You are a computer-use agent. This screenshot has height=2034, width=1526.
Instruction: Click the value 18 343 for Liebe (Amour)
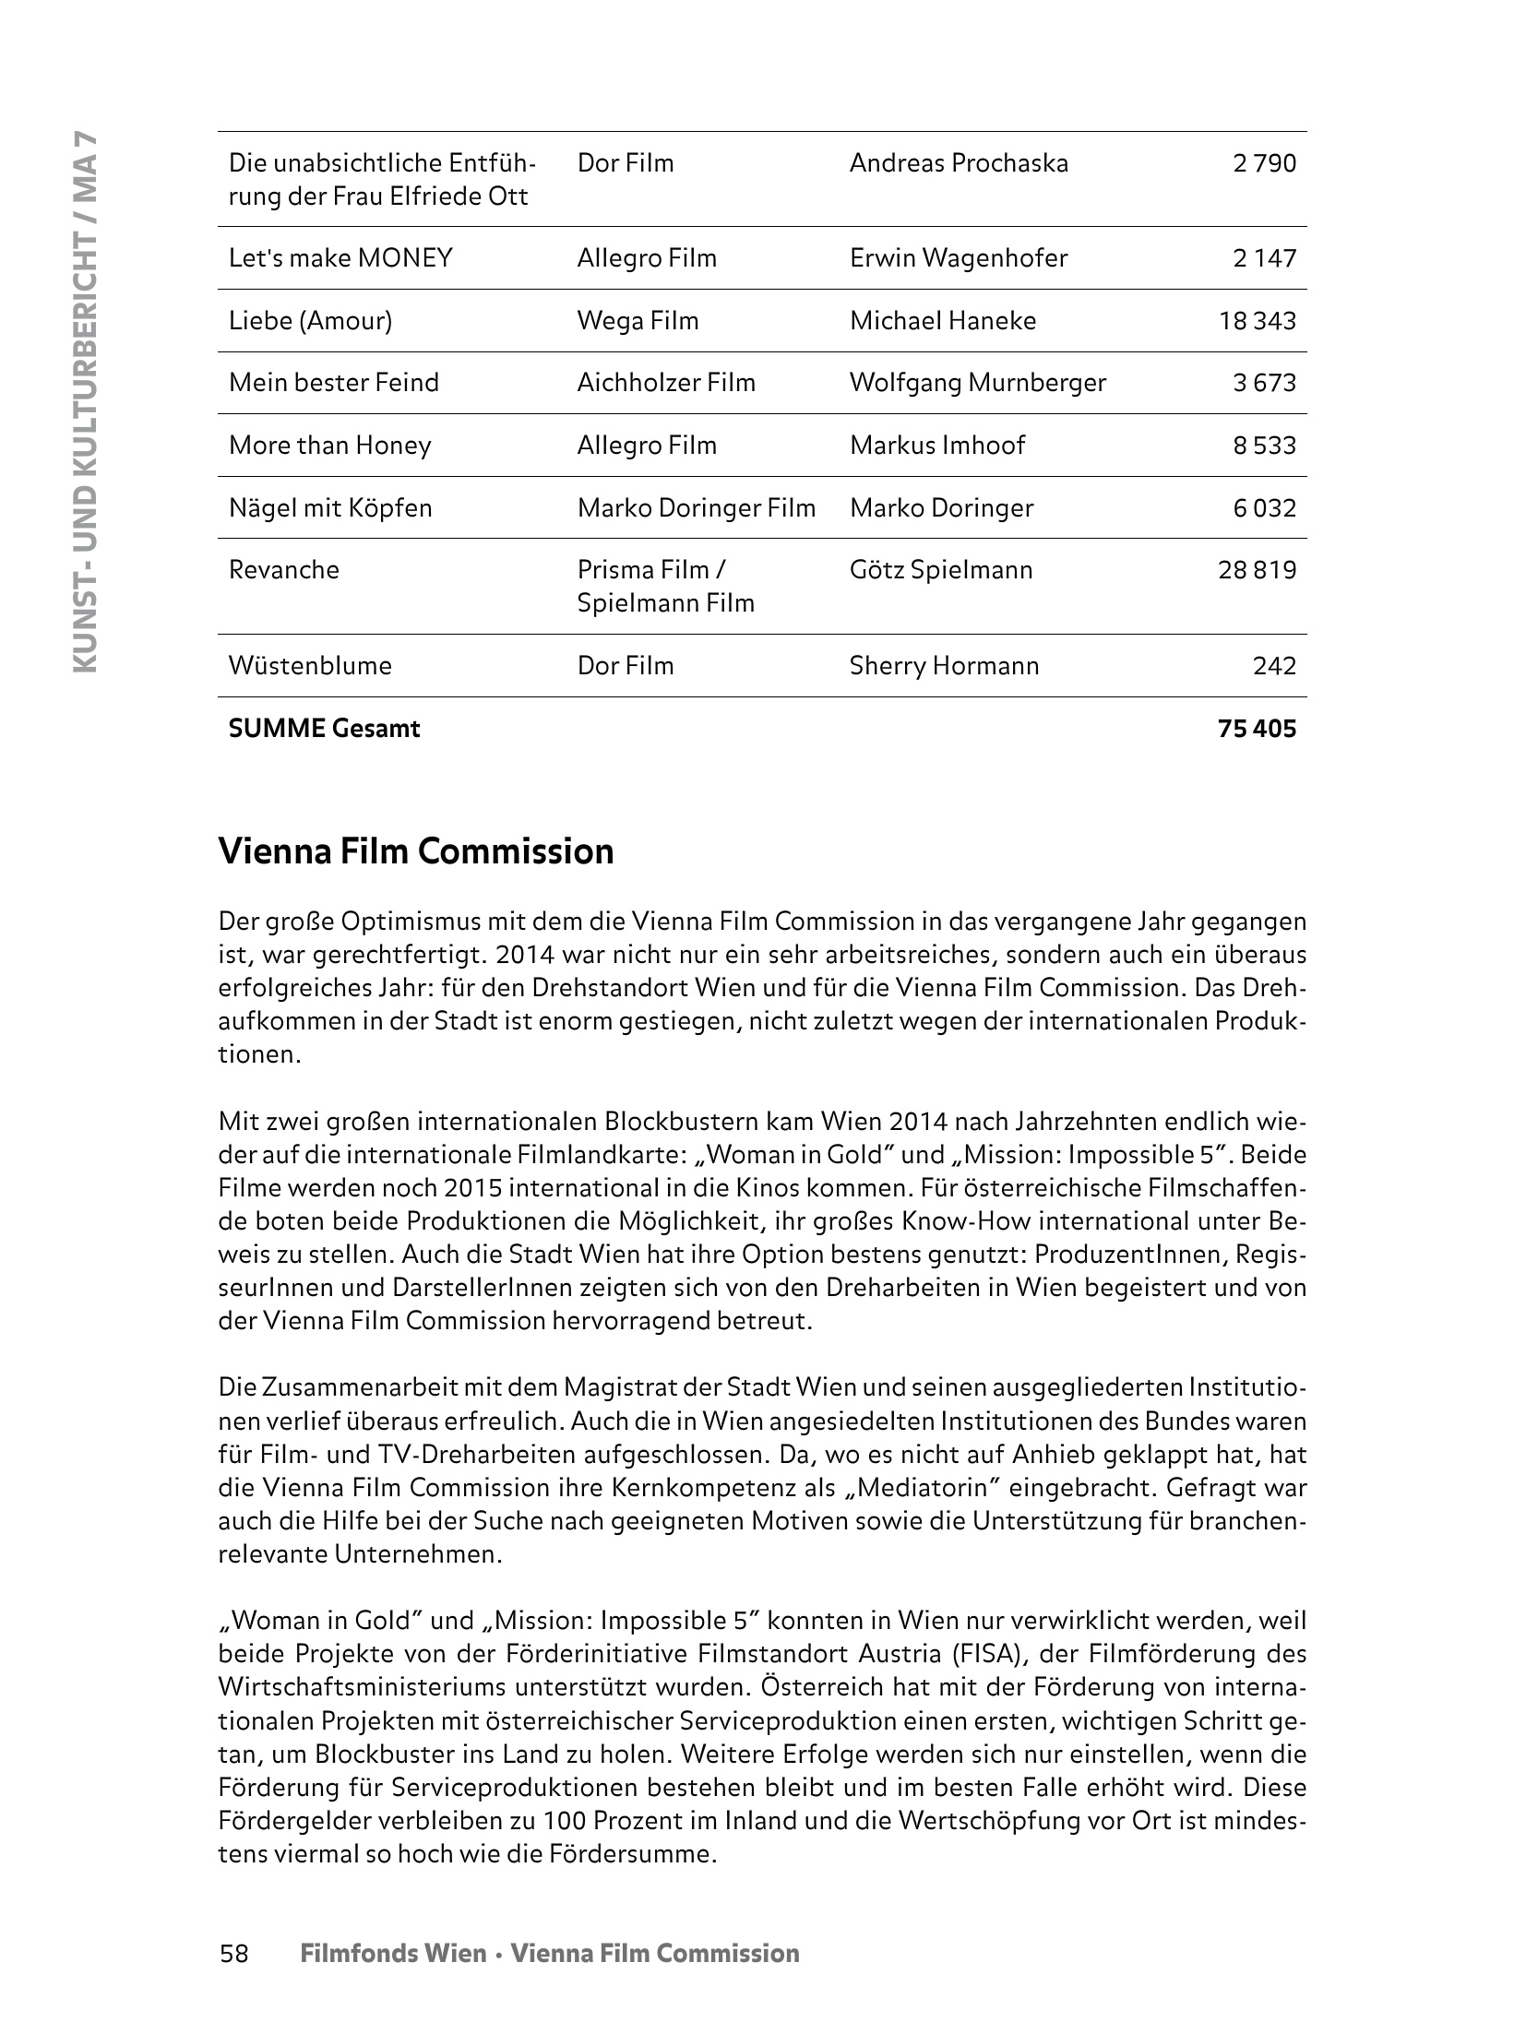(x=1257, y=321)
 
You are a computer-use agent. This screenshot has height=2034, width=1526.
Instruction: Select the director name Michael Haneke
(x=942, y=321)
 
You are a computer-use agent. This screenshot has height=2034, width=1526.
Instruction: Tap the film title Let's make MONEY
(x=340, y=258)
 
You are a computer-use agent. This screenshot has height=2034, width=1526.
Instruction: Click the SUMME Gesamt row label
(x=324, y=729)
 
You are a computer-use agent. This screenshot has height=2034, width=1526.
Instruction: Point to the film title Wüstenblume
(x=310, y=666)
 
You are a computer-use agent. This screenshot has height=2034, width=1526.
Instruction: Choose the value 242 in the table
(x=1274, y=666)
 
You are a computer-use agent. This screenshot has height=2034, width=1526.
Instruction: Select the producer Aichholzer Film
(x=665, y=383)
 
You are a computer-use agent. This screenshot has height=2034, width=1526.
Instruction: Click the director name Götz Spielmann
(x=940, y=570)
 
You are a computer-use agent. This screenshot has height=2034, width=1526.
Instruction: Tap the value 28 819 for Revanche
(x=1257, y=570)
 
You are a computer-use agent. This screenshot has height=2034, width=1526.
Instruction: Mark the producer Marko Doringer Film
(x=696, y=508)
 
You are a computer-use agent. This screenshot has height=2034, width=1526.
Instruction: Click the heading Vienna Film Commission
(x=416, y=850)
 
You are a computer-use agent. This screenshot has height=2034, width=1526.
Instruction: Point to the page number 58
(x=234, y=1954)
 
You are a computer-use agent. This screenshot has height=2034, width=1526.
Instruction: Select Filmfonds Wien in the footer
(x=393, y=1954)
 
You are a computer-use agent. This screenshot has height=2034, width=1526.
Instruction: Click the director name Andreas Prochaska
(x=959, y=164)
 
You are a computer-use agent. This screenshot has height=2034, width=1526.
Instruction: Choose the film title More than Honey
(x=329, y=446)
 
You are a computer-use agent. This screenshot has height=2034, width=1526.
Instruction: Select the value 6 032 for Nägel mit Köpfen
(x=1264, y=508)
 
